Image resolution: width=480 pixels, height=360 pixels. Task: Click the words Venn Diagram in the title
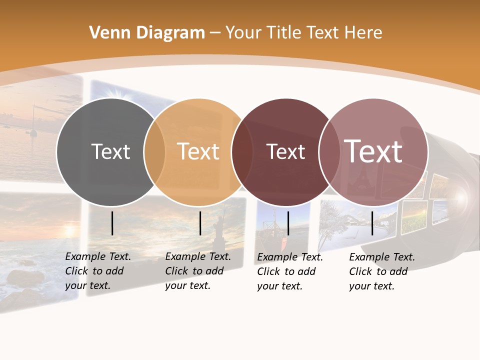coord(147,33)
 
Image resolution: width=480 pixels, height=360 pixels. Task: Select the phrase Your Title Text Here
coord(303,33)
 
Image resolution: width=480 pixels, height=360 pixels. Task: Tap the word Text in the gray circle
coord(110,151)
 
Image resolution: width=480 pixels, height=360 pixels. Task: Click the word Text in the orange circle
coord(198,151)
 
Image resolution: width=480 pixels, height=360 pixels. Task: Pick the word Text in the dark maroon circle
coord(285,151)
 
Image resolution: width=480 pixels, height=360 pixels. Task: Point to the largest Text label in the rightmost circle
coord(373,151)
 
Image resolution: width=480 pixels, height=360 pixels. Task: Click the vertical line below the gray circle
coord(112,223)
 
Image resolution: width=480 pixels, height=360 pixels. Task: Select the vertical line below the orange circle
coord(200,223)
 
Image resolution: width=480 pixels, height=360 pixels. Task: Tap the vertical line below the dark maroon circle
coord(288,223)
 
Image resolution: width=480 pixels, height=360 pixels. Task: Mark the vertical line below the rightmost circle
coord(372,223)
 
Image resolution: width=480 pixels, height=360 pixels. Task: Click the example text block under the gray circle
coord(98,271)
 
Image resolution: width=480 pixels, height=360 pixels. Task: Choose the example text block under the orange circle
coord(198,271)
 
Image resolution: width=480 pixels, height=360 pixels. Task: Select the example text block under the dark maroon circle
coord(290,271)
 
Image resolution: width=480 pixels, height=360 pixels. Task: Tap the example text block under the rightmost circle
coord(382,271)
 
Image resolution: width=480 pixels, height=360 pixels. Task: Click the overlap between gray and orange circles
coord(154,152)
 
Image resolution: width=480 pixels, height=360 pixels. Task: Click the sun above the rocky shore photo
coord(68,231)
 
